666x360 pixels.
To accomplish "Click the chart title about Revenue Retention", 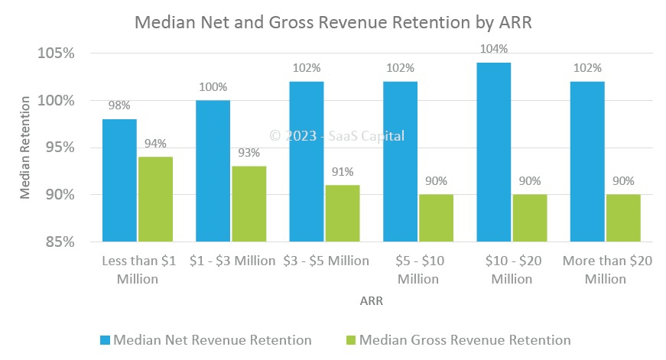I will [x=333, y=23].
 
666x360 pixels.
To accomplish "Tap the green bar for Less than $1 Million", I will [x=155, y=199].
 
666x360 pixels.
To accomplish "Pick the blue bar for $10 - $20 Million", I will [x=493, y=152].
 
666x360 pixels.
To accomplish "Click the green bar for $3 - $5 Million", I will [x=342, y=213].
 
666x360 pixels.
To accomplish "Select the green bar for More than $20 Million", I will [x=623, y=218].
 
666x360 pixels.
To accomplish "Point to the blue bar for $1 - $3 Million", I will [x=213, y=171].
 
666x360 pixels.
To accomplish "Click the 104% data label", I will [x=493, y=49].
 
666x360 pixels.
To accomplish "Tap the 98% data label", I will [x=119, y=105].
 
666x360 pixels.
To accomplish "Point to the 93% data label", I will [x=249, y=153].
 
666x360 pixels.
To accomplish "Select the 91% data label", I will [x=342, y=172].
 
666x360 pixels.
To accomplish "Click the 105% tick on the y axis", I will [x=55, y=54].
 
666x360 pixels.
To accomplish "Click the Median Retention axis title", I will [x=25, y=148].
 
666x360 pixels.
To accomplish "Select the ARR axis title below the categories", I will [x=372, y=301].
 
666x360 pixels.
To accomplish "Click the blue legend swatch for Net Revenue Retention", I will [x=105, y=339].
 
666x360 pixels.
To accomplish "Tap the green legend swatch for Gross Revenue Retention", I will [x=351, y=339].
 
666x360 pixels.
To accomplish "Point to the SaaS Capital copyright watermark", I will [x=337, y=136].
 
